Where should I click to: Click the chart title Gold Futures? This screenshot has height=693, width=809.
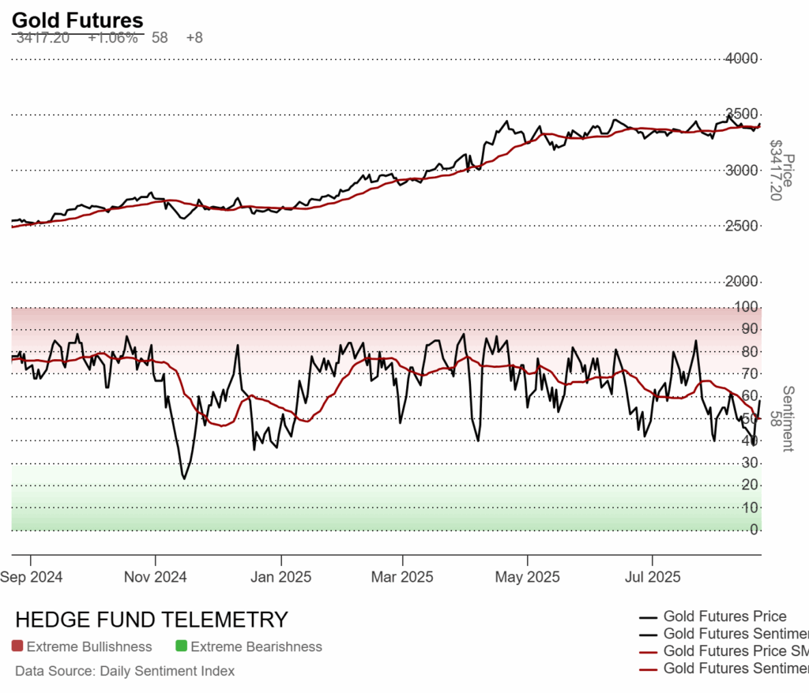pos(77,21)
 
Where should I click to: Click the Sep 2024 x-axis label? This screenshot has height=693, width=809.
pos(32,576)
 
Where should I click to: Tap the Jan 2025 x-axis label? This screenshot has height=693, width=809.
pos(280,576)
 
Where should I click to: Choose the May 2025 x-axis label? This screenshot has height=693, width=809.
pos(527,576)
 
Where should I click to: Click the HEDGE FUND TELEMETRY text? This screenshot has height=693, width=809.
pos(152,620)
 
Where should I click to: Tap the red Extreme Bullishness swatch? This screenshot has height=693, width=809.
pos(18,646)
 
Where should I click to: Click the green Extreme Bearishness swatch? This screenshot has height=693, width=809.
pos(182,646)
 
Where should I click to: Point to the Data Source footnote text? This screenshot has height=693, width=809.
pos(125,671)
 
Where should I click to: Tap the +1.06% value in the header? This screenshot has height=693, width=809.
pos(112,37)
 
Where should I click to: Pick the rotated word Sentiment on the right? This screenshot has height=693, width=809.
pos(787,407)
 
